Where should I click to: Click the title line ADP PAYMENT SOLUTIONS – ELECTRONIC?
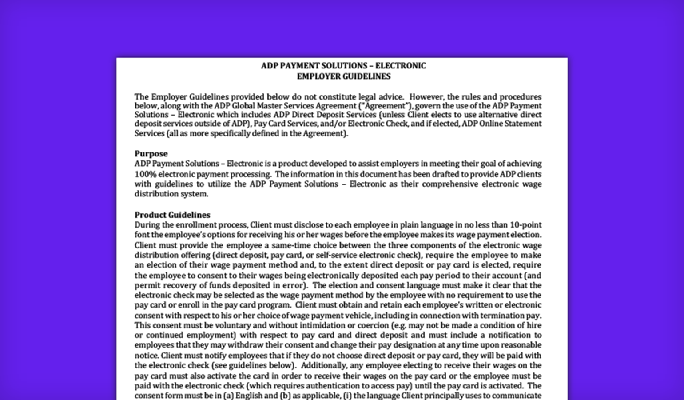[343, 66]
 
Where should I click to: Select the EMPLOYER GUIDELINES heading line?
[343, 76]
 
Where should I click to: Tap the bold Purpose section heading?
[151, 154]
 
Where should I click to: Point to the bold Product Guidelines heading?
[172, 215]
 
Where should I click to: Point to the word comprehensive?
[450, 184]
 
